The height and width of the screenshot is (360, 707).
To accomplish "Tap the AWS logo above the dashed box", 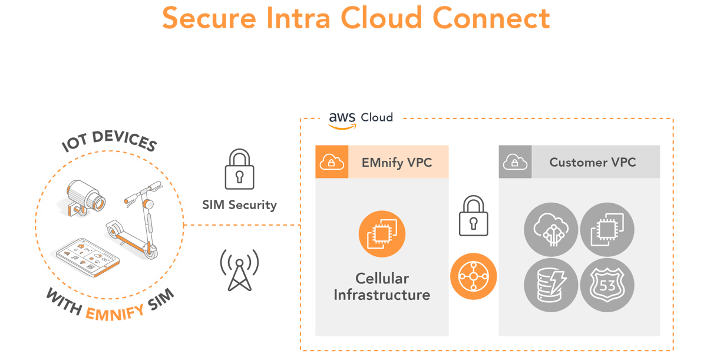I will pyautogui.click(x=342, y=118).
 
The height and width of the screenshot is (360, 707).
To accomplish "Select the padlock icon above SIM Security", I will pyautogui.click(x=239, y=169).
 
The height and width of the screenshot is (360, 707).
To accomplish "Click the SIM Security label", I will pyautogui.click(x=239, y=205).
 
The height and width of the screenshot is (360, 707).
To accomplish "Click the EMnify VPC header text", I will pyautogui.click(x=397, y=163).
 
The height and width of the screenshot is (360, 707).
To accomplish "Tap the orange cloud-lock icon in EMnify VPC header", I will pyautogui.click(x=332, y=162).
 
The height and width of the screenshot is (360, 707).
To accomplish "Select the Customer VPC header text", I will pyautogui.click(x=592, y=163).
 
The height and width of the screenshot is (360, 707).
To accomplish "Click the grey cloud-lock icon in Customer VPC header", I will pyautogui.click(x=515, y=162).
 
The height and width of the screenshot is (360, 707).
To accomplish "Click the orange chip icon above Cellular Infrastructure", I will pyautogui.click(x=382, y=233).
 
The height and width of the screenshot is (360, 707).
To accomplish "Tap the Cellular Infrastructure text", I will pyautogui.click(x=382, y=286).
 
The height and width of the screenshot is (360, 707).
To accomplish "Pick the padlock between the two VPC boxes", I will pyautogui.click(x=474, y=216).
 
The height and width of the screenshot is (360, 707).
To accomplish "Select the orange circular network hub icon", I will pyautogui.click(x=474, y=277).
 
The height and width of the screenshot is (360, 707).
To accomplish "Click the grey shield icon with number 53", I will pyautogui.click(x=607, y=285).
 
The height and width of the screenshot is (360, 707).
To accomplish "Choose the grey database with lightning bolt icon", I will pyautogui.click(x=550, y=285).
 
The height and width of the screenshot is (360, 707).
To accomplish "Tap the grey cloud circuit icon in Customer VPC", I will pyautogui.click(x=550, y=230).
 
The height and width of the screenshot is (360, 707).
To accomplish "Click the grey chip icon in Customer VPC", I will pyautogui.click(x=607, y=230).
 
